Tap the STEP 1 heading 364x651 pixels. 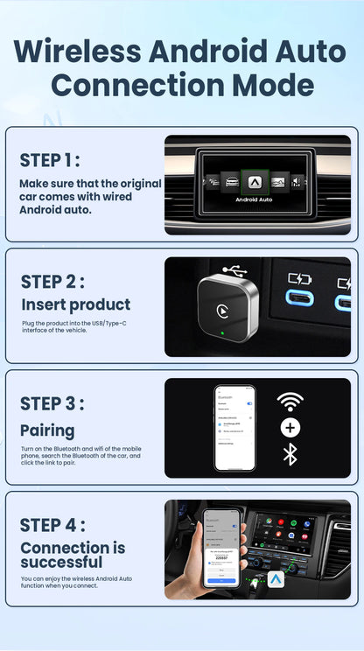point(50,160)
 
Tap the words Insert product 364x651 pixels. point(75,304)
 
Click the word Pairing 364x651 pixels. point(47,430)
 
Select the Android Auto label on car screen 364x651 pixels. point(254,199)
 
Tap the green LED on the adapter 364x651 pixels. point(226,333)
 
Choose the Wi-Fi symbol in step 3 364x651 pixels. point(290,402)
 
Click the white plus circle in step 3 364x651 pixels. point(290,428)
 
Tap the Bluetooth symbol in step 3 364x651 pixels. point(290,454)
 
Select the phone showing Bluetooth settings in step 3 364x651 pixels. point(234,427)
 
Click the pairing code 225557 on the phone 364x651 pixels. point(220,556)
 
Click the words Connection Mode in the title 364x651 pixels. point(181,85)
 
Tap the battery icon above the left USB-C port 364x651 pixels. point(299,279)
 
